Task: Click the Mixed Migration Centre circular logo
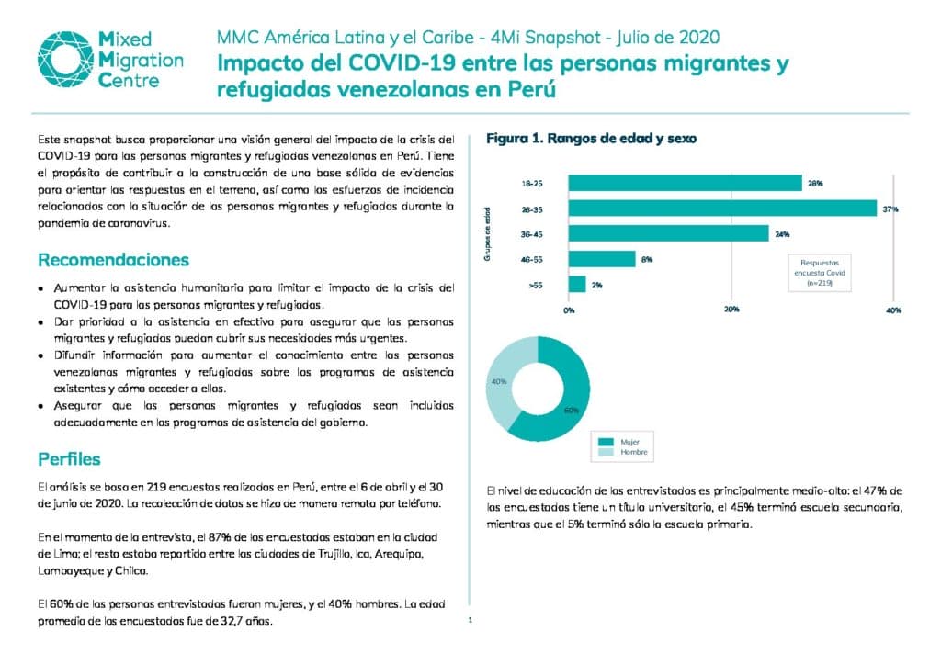65,59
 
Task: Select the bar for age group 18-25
685,183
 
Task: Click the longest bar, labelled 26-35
722,209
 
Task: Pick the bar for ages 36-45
669,233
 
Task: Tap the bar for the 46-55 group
602,259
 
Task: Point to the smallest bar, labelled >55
577,284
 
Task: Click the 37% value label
890,209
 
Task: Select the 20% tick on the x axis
731,310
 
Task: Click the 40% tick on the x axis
893,310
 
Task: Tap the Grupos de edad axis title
487,234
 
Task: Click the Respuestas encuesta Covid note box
819,273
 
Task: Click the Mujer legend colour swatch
606,442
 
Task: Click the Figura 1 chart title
591,139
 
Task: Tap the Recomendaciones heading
113,260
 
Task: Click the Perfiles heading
69,459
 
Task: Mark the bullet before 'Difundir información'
40,356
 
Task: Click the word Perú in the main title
532,89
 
